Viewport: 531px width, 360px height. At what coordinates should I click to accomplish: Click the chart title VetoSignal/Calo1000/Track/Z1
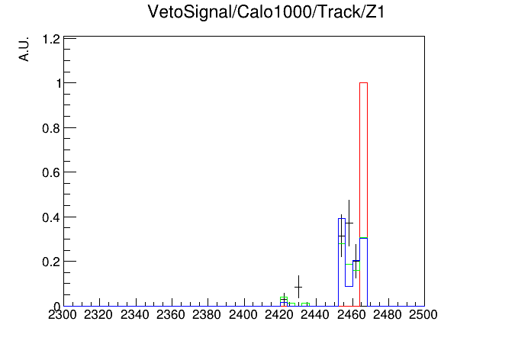[266, 12]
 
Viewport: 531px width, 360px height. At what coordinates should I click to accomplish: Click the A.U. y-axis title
[24, 49]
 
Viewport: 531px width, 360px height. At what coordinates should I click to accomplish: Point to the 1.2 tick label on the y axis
[51, 40]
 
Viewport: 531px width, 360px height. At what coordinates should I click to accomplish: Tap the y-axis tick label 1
[60, 83]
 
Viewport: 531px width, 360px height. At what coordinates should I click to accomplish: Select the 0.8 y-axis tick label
[51, 128]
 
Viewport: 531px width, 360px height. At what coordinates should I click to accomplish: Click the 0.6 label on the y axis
[51, 172]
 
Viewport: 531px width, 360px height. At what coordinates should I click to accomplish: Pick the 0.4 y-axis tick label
[51, 217]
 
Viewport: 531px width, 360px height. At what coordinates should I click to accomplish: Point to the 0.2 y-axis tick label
[51, 262]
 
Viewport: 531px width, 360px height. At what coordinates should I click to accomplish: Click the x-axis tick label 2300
[63, 315]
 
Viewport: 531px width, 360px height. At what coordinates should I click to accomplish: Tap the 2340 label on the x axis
[135, 315]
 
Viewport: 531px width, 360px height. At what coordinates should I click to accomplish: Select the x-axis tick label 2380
[207, 315]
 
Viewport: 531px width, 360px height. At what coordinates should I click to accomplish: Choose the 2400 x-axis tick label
[243, 315]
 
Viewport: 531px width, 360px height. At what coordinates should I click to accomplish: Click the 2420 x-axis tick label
[279, 315]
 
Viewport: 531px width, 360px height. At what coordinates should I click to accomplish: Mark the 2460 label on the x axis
[351, 315]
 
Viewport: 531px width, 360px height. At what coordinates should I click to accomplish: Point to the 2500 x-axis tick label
[423, 315]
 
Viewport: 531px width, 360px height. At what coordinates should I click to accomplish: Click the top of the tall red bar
[363, 82]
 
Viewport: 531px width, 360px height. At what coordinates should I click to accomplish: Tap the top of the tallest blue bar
[342, 218]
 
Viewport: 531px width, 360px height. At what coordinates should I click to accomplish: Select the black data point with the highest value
[349, 223]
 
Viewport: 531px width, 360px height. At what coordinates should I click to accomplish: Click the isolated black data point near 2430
[298, 288]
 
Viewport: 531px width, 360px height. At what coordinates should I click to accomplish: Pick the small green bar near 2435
[305, 304]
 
